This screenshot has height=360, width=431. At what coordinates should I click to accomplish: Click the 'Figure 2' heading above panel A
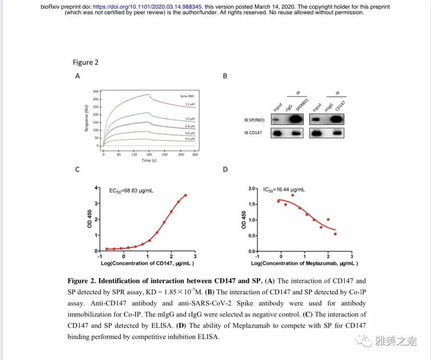click(85, 62)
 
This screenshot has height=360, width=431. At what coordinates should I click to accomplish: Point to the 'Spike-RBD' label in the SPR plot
click(187, 96)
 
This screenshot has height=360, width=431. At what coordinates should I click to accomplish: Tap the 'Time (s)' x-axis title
click(149, 160)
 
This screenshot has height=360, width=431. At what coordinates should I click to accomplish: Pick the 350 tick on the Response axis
click(96, 92)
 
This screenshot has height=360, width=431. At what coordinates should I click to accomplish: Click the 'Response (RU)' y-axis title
click(86, 118)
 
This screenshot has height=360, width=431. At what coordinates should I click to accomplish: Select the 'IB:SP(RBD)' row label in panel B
click(255, 120)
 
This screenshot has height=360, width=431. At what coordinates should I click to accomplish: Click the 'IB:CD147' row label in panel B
click(253, 133)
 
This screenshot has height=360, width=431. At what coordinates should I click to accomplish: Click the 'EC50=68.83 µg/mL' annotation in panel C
click(131, 191)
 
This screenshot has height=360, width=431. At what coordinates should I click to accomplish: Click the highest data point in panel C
click(186, 195)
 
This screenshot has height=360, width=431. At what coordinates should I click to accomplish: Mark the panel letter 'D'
click(225, 169)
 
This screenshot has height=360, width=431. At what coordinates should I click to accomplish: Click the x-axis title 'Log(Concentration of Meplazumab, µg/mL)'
click(304, 263)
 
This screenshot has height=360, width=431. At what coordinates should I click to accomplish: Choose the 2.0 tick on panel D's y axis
click(251, 189)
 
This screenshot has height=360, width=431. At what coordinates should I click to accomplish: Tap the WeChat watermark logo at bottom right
click(364, 341)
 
